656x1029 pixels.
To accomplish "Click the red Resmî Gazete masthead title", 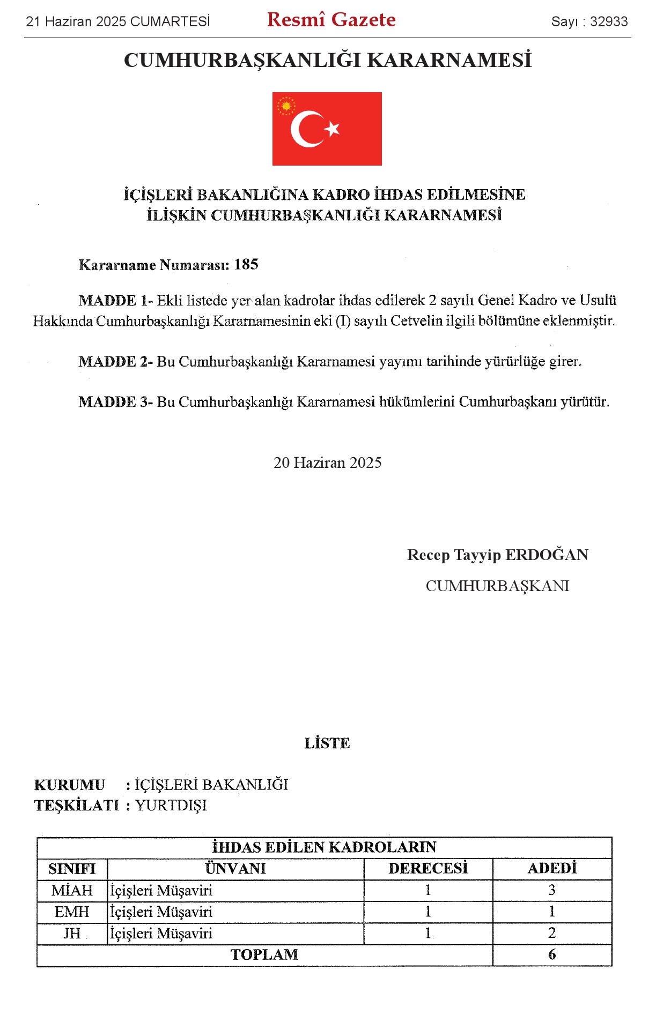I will [x=331, y=20].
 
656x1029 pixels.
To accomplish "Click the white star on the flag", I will [x=333, y=129].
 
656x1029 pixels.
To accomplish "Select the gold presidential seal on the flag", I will [x=286, y=106].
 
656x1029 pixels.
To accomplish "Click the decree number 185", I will [x=246, y=264].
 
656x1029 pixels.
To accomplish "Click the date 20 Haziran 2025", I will [x=327, y=463].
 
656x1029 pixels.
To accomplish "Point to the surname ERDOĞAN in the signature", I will [x=547, y=555].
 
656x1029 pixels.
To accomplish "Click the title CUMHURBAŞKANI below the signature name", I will [x=497, y=586].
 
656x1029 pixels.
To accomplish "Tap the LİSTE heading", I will [x=327, y=743].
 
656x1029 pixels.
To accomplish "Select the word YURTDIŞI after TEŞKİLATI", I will [x=171, y=806].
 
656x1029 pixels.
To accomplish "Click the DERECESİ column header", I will [x=428, y=869].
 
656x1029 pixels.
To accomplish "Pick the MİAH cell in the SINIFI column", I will [x=72, y=891].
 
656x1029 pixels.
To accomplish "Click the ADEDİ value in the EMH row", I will [x=552, y=912].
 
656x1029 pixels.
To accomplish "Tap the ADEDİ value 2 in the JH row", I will [x=552, y=933].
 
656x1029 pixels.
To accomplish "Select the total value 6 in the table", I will [x=552, y=955].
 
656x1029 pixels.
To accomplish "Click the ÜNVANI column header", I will [x=235, y=869].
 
